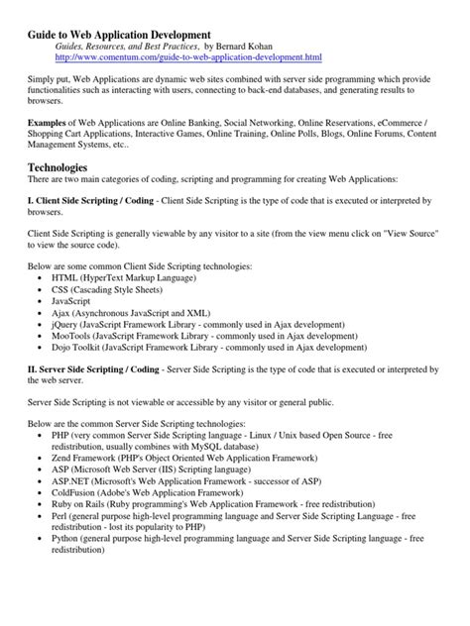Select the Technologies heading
coord(62,169)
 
